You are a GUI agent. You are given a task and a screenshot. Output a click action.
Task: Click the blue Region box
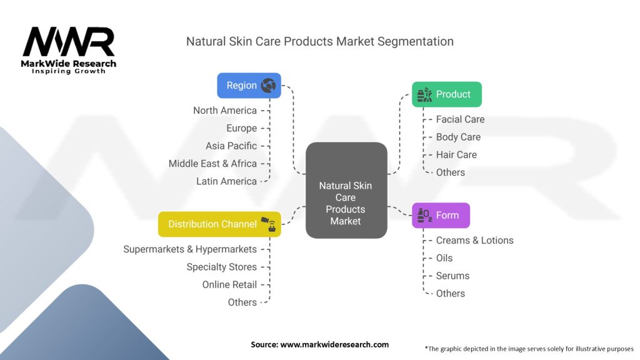(249, 86)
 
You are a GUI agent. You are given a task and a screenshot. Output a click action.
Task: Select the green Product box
(446, 94)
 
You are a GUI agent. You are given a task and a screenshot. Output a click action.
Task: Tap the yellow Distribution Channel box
(219, 224)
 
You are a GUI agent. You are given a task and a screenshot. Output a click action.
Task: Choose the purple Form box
(441, 216)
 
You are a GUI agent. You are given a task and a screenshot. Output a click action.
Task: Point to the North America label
(225, 111)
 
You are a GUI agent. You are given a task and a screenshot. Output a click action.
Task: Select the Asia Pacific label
(231, 146)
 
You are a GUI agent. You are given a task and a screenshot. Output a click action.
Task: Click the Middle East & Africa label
(212, 163)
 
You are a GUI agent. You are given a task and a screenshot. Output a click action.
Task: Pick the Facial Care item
(460, 119)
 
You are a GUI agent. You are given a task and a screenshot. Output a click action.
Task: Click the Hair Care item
(456, 154)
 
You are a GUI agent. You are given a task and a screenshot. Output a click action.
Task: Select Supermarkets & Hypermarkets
(190, 249)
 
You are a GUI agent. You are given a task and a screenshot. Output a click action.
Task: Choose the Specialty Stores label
(222, 267)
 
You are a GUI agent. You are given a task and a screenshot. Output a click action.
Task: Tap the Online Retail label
(229, 284)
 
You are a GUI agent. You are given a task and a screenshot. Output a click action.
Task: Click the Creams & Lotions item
(474, 241)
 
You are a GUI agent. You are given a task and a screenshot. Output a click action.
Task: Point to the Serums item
(452, 276)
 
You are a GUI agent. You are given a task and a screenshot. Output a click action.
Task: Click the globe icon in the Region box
(269, 85)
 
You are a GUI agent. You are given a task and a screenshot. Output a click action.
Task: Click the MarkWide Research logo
(69, 50)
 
